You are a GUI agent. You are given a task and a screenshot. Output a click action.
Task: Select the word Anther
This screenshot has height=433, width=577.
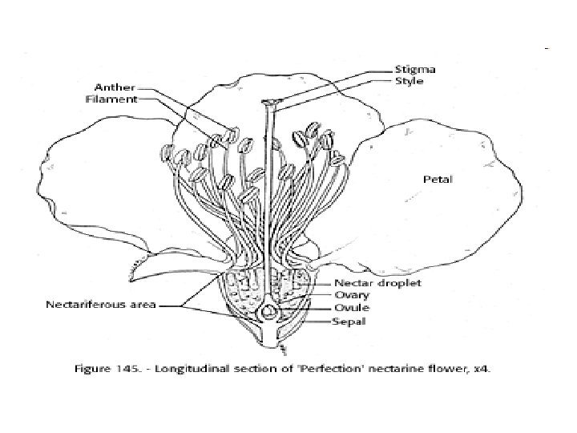click(x=114, y=87)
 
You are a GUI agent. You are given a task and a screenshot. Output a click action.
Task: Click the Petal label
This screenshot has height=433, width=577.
click(x=438, y=180)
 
